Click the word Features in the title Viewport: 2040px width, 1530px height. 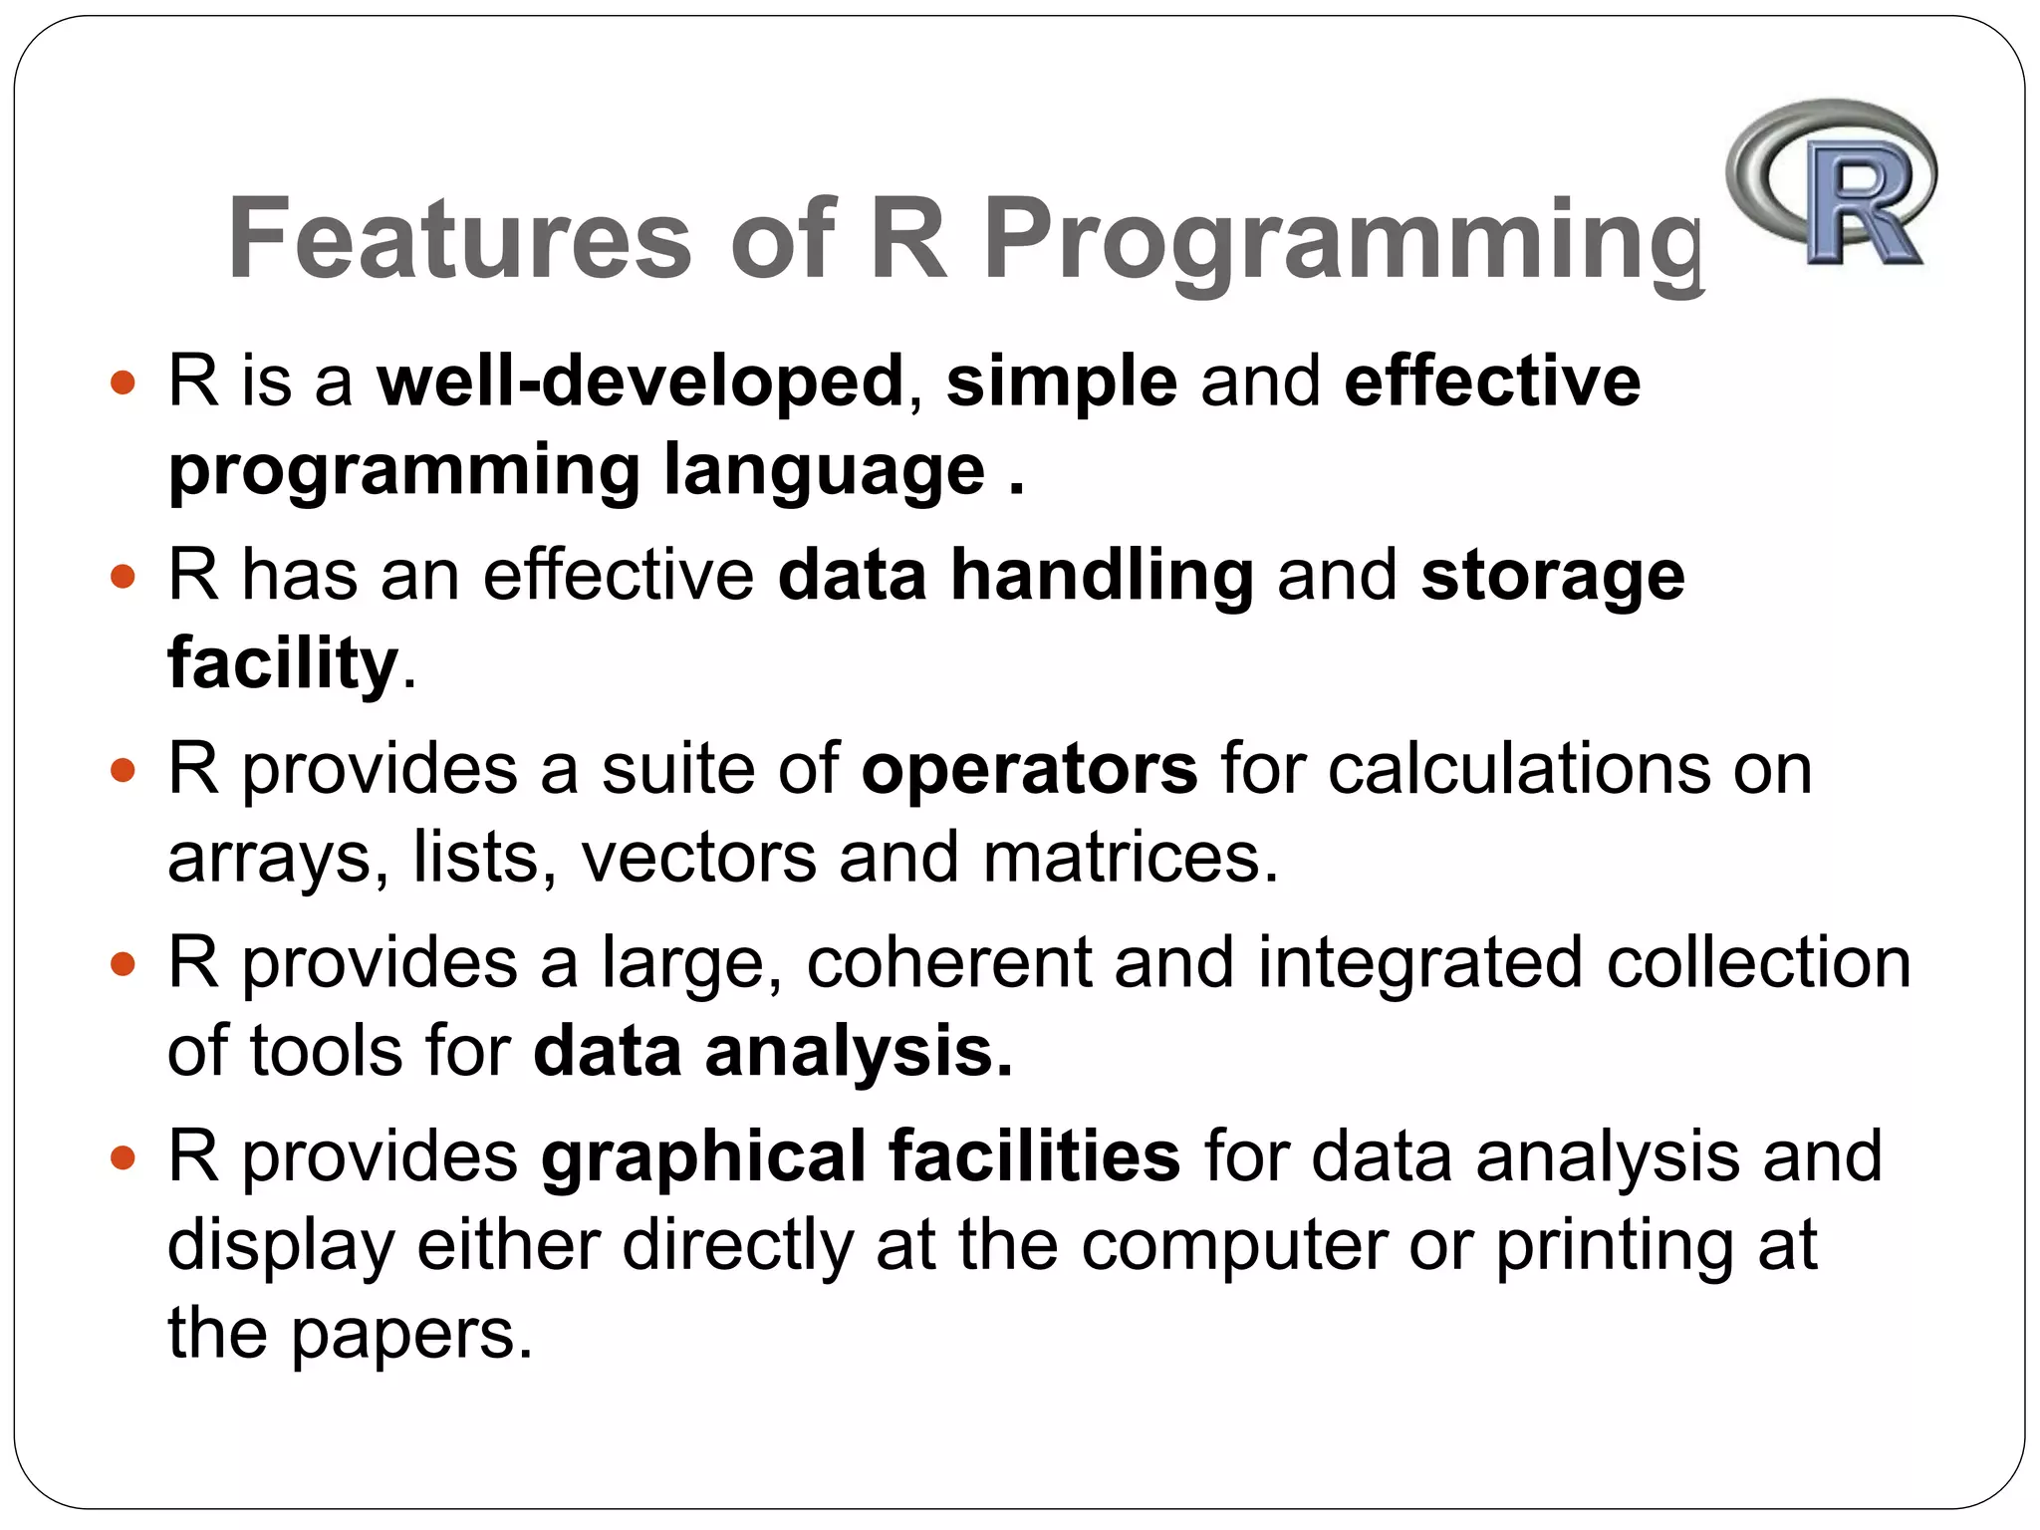coord(459,239)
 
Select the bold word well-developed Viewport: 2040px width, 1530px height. coord(639,382)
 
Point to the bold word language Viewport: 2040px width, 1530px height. coord(825,470)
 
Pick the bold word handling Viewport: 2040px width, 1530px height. coord(1102,577)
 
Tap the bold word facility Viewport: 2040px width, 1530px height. coord(283,664)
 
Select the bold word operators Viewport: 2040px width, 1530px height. coord(1029,770)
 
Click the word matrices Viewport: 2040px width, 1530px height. coord(1131,858)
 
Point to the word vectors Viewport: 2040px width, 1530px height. coord(698,858)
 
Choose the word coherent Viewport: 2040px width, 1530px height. coord(948,963)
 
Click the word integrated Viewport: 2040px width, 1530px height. coord(1419,965)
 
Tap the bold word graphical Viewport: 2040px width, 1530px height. coord(703,1158)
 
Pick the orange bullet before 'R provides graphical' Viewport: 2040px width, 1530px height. coord(122,1157)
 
